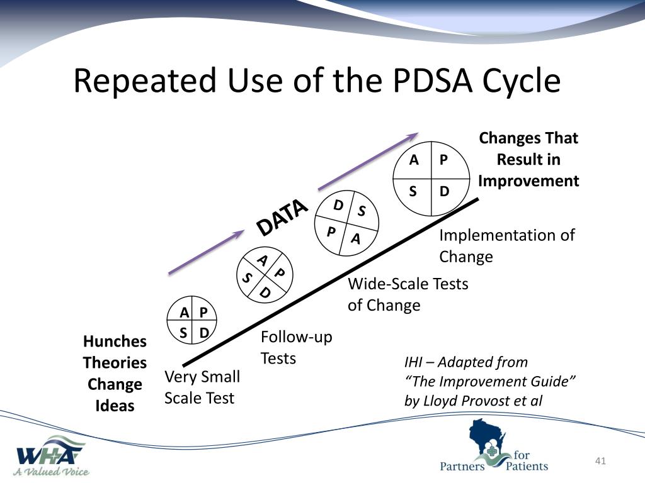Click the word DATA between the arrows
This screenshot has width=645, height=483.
282,218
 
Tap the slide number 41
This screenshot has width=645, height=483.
600,462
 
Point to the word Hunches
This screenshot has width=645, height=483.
115,341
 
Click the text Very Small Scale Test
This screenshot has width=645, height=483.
202,387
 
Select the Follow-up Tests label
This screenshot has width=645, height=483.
296,347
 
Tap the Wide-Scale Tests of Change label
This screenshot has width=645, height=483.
408,294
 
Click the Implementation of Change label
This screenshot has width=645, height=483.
506,245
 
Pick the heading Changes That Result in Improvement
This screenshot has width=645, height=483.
528,160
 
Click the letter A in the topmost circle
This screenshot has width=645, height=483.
414,160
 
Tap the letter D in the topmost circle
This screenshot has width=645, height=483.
444,191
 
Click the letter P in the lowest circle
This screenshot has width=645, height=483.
203,312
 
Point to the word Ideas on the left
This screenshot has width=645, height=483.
115,406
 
